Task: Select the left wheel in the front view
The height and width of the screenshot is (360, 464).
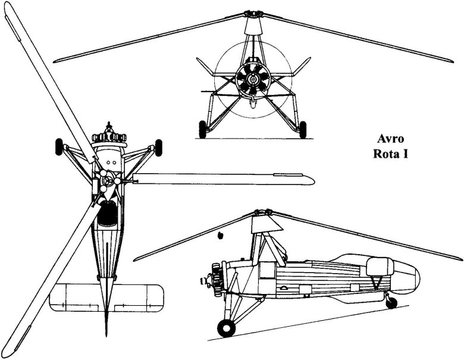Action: point(202,129)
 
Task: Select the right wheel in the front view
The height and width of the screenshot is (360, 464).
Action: point(303,129)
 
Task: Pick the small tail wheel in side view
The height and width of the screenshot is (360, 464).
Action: point(391,302)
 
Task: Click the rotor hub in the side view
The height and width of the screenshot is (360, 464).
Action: point(262,212)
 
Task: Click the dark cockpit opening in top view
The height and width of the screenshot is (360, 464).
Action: point(107,212)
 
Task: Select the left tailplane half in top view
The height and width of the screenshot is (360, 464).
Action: point(74,297)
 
